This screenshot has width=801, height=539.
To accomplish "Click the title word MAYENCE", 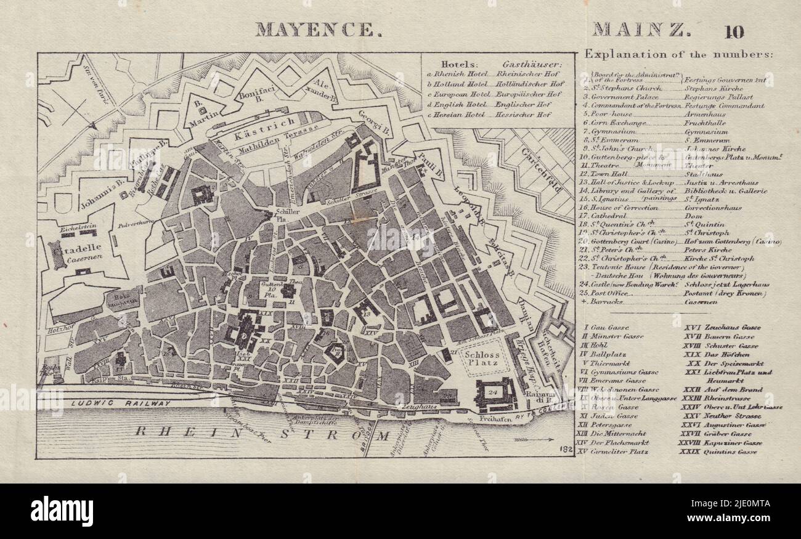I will pyautogui.click(x=314, y=30).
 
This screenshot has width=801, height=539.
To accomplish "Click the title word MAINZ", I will pyautogui.click(x=641, y=30).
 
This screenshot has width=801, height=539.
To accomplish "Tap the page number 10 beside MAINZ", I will pyautogui.click(x=734, y=31).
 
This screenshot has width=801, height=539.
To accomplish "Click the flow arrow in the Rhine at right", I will pyautogui.click(x=536, y=439).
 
